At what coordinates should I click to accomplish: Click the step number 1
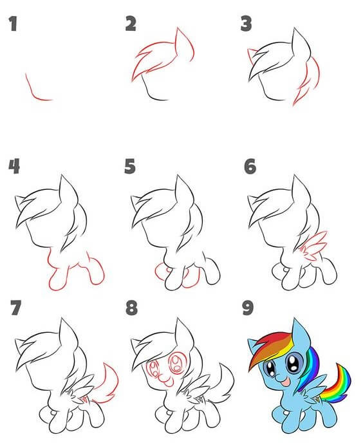[x=12, y=25]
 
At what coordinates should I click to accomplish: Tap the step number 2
[x=131, y=25]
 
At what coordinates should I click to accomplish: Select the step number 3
[x=245, y=25]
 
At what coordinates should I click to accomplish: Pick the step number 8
[x=131, y=308]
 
